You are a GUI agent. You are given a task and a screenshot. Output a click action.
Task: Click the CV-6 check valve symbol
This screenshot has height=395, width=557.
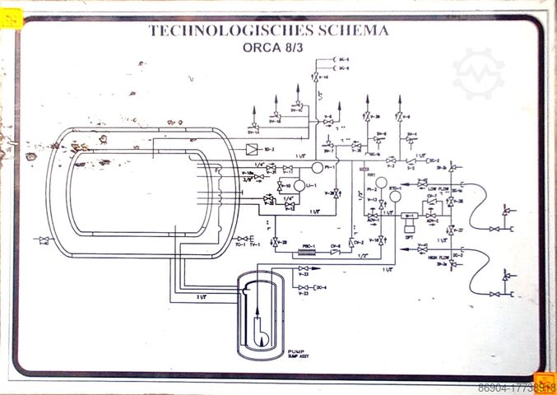coord(336,252)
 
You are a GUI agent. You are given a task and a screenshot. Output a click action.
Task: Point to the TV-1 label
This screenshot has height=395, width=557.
coord(254,244)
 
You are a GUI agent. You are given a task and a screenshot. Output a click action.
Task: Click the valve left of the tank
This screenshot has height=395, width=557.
coord(44,240)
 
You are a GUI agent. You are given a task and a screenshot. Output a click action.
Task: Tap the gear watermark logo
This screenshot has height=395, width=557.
coord(478,74)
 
